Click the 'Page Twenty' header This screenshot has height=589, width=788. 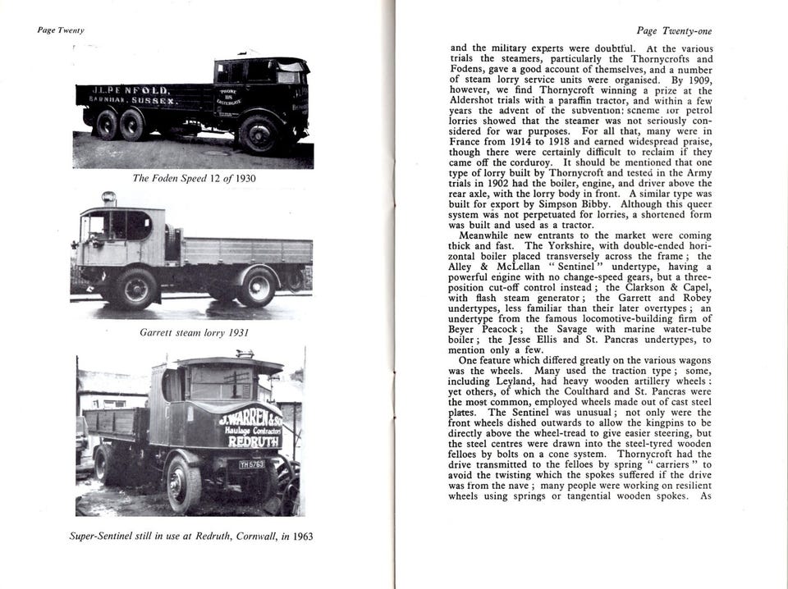[x=61, y=30]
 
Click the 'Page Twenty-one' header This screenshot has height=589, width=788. [x=674, y=31]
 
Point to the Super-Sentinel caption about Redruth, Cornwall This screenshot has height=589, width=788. [x=190, y=536]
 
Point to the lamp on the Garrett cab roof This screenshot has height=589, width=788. [x=108, y=199]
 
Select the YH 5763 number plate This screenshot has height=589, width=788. [x=251, y=464]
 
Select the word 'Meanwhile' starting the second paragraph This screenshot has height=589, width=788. [x=479, y=235]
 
